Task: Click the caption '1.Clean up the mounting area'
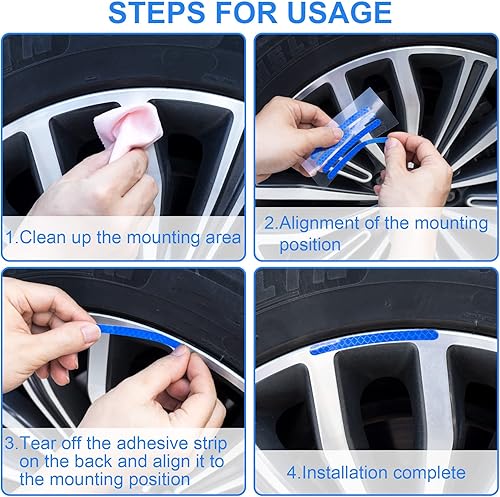click(124, 237)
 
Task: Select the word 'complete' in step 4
click(431, 472)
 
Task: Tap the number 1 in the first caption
click(9, 237)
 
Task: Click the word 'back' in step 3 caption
click(93, 461)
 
